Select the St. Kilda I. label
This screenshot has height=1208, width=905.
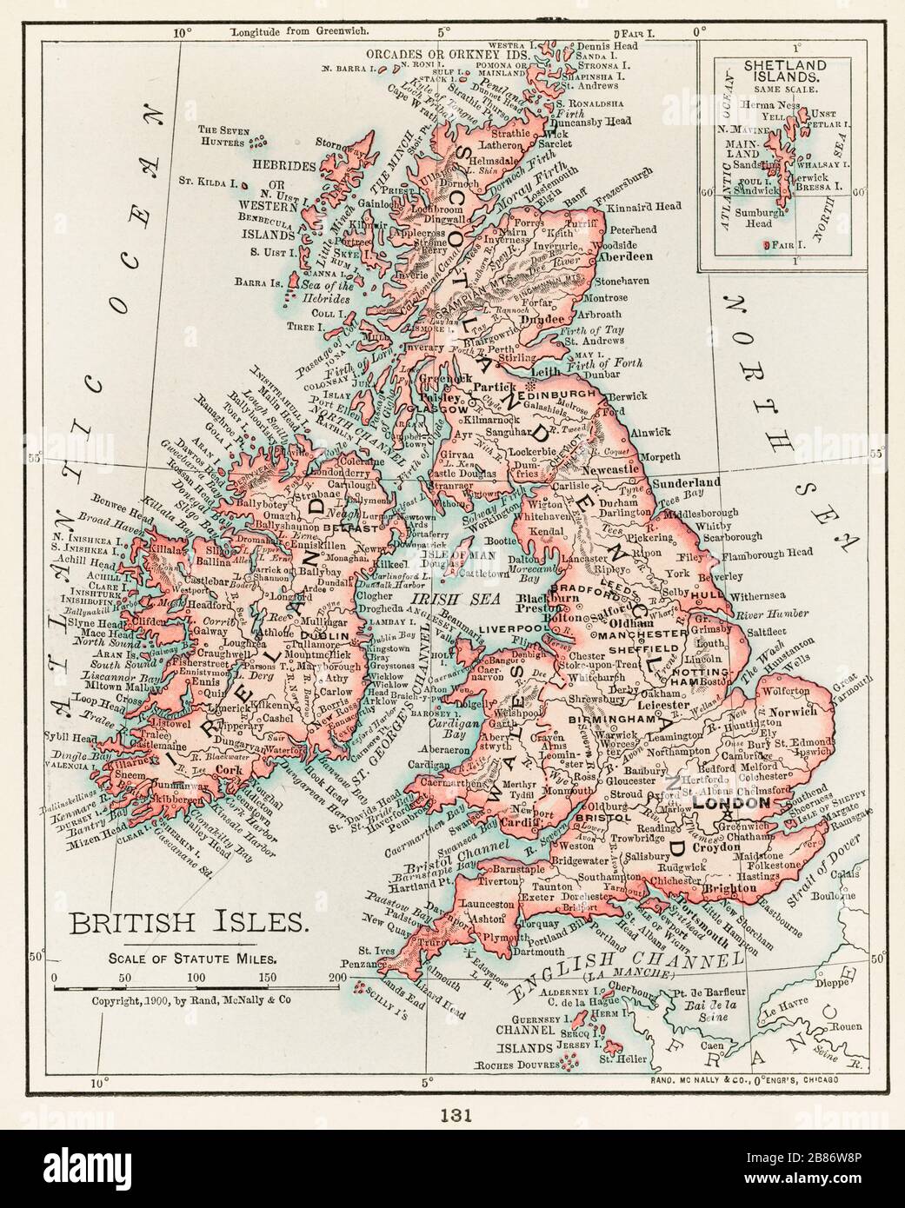click(209, 183)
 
